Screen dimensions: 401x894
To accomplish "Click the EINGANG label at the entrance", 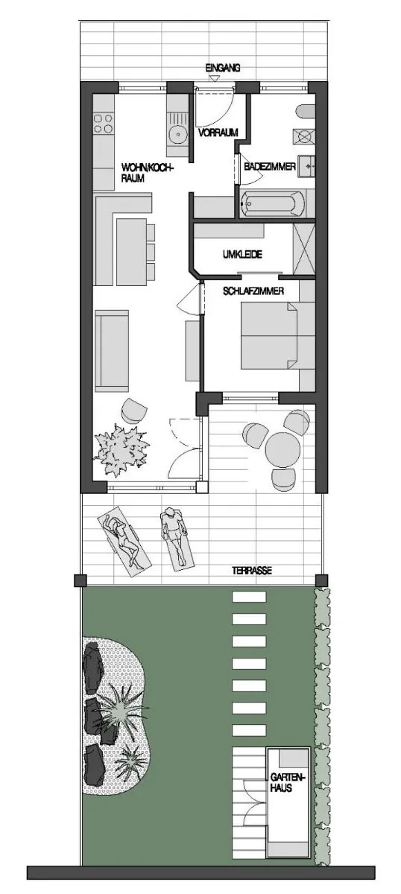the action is pyautogui.click(x=223, y=69).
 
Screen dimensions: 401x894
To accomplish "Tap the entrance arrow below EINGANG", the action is pyautogui.click(x=215, y=79).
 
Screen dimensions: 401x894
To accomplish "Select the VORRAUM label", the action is pyautogui.click(x=218, y=133).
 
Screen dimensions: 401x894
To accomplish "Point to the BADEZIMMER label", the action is pyautogui.click(x=270, y=166).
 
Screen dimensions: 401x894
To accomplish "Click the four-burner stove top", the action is pyautogui.click(x=103, y=124).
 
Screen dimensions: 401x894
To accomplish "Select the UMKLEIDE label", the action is pyautogui.click(x=242, y=254).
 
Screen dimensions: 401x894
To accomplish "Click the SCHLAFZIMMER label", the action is pyautogui.click(x=253, y=291).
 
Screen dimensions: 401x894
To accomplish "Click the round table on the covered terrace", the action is pyautogui.click(x=282, y=449).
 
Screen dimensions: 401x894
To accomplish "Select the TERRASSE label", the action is pyautogui.click(x=252, y=571).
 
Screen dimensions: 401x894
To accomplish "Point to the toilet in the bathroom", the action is pyautogui.click(x=306, y=111).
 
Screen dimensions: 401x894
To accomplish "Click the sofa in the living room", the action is pyautogui.click(x=112, y=351).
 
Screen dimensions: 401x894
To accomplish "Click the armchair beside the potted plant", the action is pyautogui.click(x=134, y=410).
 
